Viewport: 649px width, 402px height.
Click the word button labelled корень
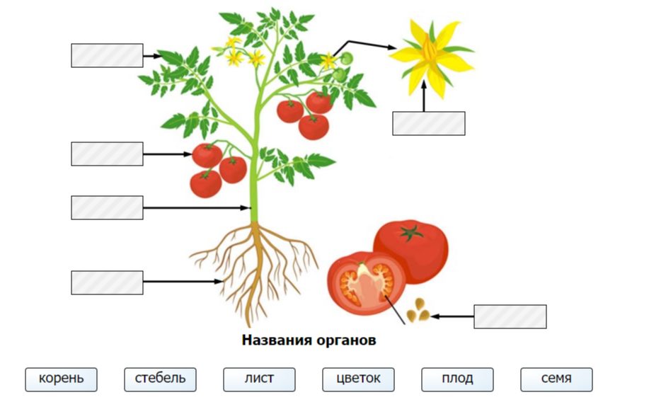[61, 379]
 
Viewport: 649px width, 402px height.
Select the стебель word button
[160, 379]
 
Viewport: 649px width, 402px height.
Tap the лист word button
[259, 379]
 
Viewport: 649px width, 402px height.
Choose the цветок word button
[358, 379]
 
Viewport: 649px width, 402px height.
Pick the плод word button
[457, 379]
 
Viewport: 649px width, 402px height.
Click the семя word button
[556, 379]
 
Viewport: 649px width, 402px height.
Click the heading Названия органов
[309, 340]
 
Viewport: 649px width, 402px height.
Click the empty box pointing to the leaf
[107, 55]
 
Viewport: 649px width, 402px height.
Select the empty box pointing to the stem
[107, 208]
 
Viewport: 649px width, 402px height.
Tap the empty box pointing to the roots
[107, 282]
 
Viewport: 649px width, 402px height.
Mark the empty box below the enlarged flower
[429, 123]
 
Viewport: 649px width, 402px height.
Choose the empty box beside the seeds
[510, 316]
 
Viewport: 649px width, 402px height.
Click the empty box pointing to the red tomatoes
[107, 154]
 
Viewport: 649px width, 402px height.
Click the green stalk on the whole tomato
[410, 231]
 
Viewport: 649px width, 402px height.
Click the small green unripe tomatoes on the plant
[343, 67]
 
